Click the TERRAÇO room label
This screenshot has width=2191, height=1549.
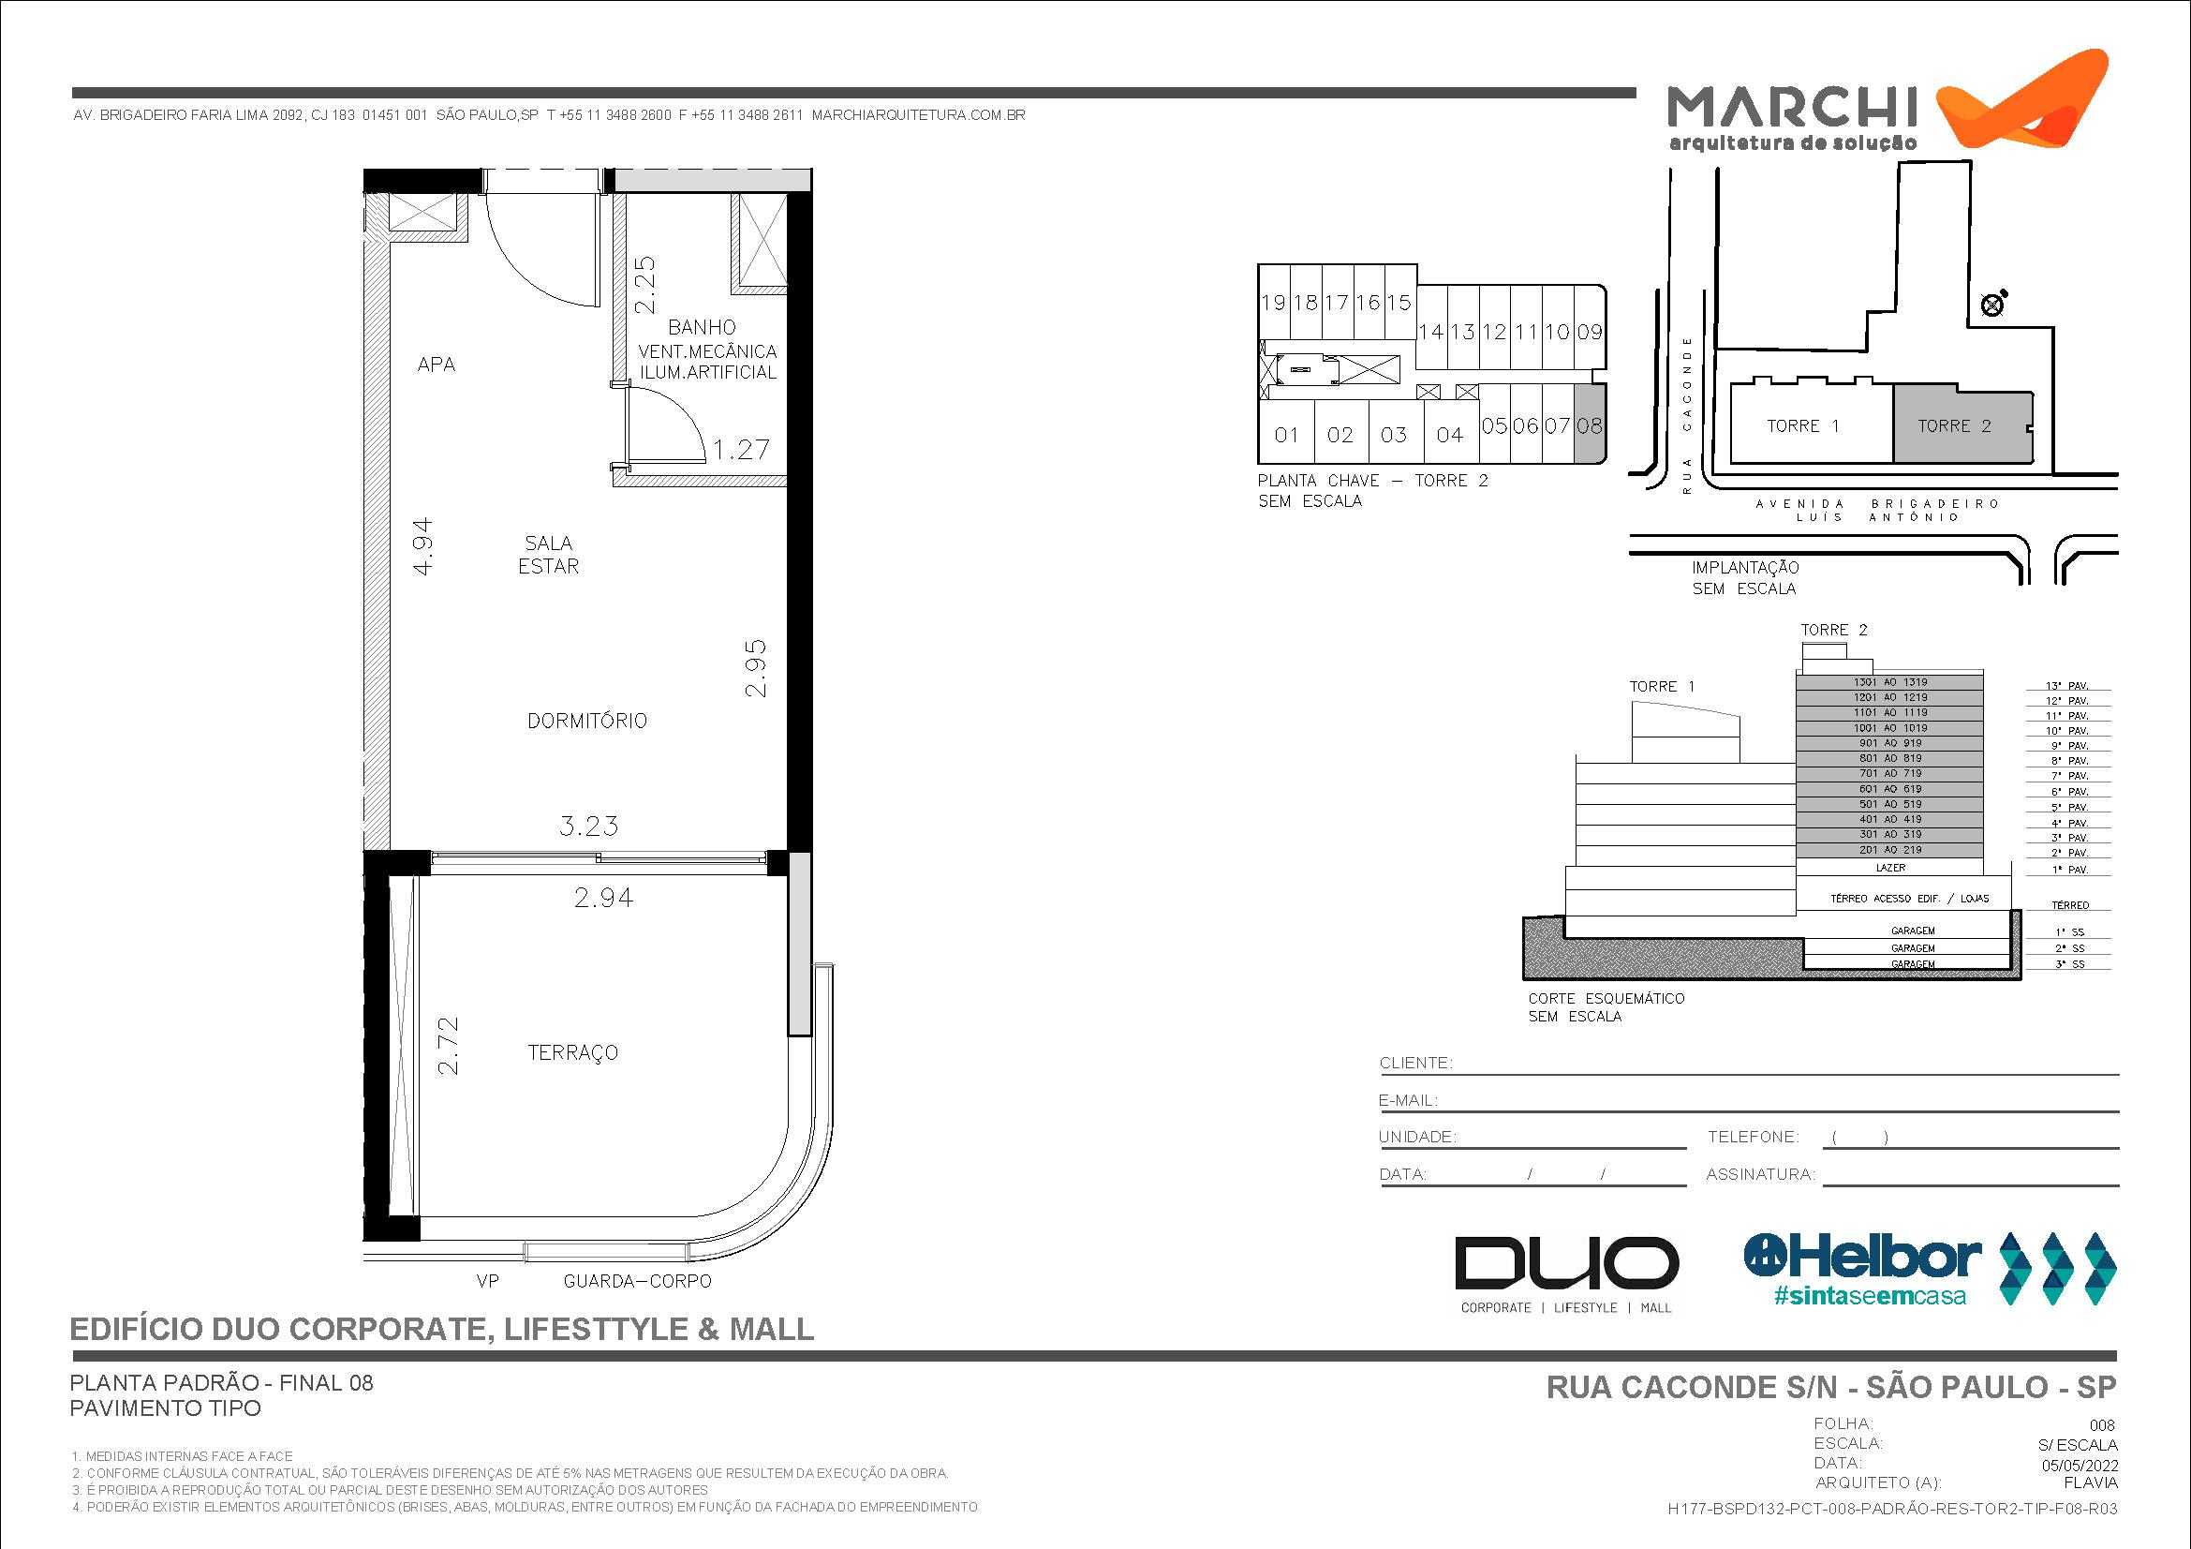(572, 1052)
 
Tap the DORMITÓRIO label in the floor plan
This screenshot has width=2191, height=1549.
(587, 721)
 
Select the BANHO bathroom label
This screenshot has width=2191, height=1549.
(702, 327)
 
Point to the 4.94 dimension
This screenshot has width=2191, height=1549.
(422, 546)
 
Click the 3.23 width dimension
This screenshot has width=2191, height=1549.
(589, 826)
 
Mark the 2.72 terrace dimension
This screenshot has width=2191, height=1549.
(448, 1046)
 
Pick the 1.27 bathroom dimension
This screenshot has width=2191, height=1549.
(741, 450)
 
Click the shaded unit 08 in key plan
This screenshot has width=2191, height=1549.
(1589, 425)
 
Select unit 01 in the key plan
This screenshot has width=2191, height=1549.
(1286, 435)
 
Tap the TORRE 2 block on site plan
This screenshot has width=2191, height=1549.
(1954, 426)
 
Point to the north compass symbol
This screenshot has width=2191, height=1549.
(1992, 305)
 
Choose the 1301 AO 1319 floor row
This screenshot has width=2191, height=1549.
(1889, 682)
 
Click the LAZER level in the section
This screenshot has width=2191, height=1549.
(1890, 868)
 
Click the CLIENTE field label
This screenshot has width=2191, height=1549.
(1415, 1064)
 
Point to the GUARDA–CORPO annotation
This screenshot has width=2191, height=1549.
(638, 1281)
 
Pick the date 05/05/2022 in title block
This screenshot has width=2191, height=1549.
(2080, 1466)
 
